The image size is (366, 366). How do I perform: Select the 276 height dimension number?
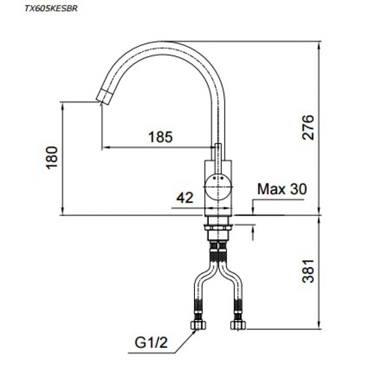point(308,127)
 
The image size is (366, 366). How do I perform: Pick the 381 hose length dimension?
point(308,271)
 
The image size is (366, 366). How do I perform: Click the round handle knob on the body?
point(218,187)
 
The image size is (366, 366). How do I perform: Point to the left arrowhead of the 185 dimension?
point(104,147)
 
